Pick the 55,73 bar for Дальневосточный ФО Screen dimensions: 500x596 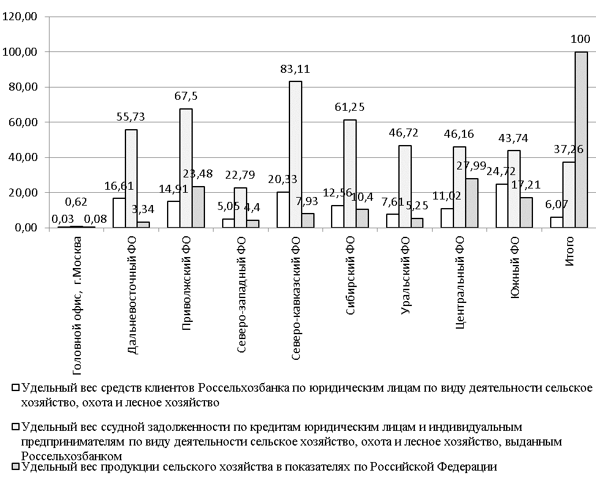[x=131, y=178]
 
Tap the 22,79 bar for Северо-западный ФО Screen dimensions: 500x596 [x=240, y=207]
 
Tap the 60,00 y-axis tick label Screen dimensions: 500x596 [x=23, y=122]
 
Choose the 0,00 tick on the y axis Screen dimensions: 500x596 [x=25, y=228]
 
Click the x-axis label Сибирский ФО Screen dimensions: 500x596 [x=350, y=275]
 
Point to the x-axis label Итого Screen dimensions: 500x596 [x=568, y=250]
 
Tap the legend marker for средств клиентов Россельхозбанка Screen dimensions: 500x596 [x=15, y=388]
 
